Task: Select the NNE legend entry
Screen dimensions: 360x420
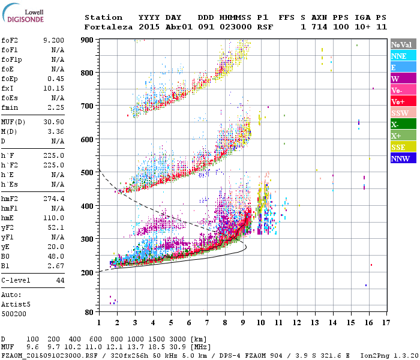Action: click(x=403, y=56)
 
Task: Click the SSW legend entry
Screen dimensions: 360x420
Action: click(x=403, y=113)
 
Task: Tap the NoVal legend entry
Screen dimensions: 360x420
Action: click(x=403, y=44)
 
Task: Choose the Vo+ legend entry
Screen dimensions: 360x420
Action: click(x=403, y=101)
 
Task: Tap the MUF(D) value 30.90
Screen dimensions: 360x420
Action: click(x=54, y=122)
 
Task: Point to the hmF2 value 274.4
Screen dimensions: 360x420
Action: click(x=54, y=199)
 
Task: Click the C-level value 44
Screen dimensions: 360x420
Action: click(x=60, y=281)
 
